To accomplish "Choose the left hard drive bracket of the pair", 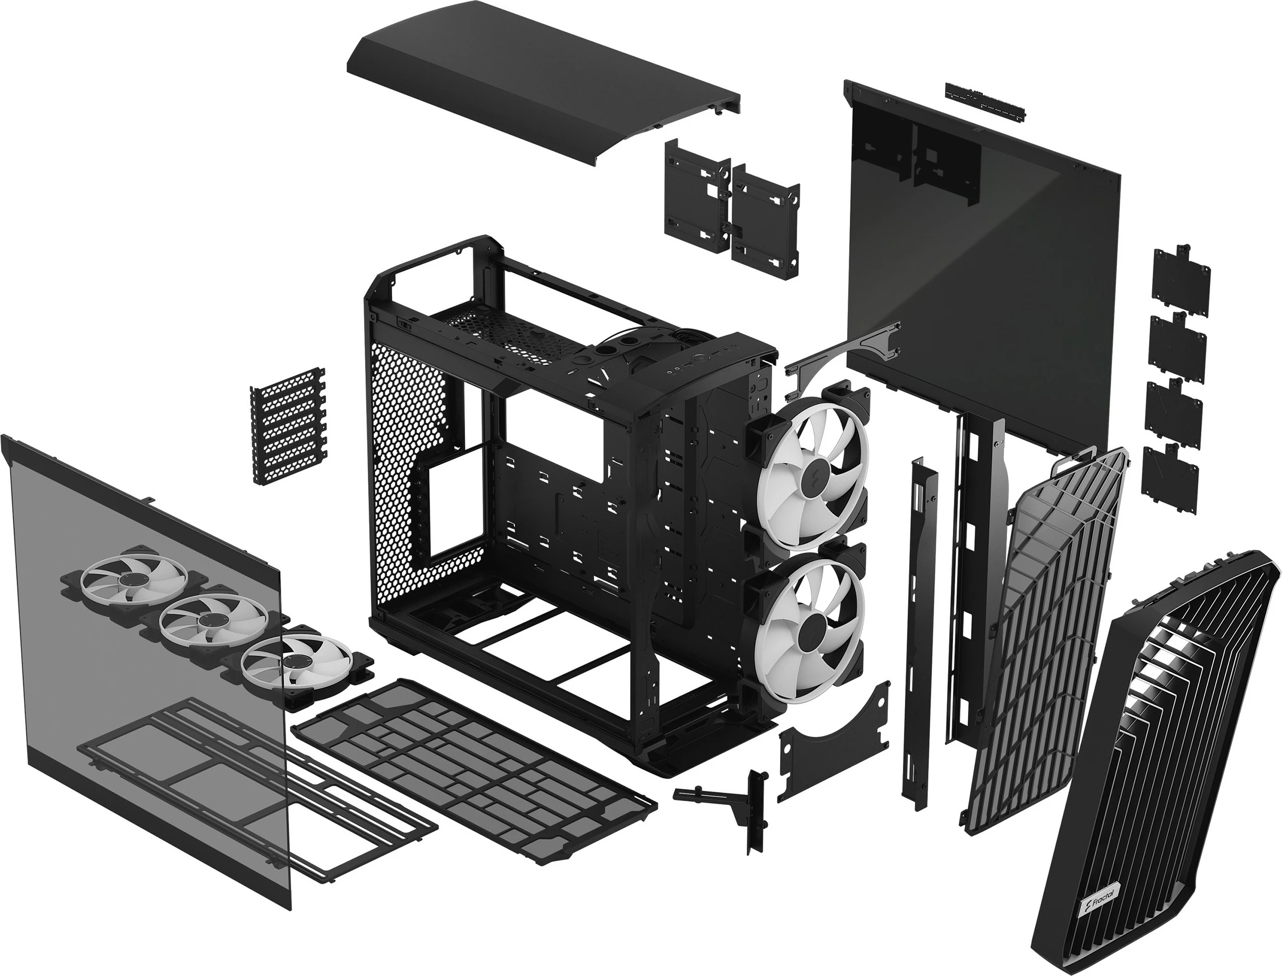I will (697, 197).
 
